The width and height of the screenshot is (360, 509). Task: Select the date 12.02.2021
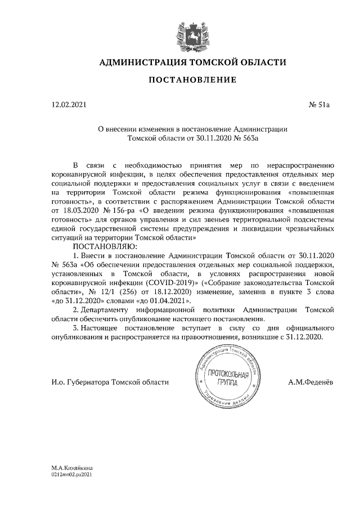[x=69, y=105]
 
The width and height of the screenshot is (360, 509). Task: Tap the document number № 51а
[x=320, y=105]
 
